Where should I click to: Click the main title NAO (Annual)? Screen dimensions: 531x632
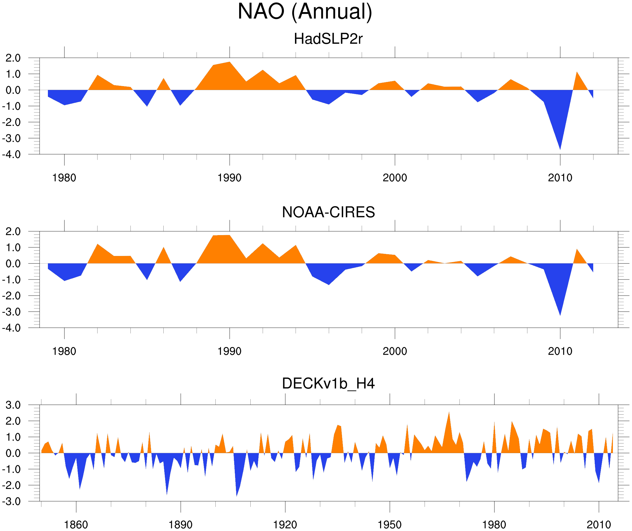pos(305,11)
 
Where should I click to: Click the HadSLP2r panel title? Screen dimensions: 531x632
pos(328,39)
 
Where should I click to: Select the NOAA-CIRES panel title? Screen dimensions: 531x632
pos(328,212)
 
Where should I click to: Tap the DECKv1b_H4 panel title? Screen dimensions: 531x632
pos(328,383)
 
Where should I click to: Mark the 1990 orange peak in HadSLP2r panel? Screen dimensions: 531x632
pos(229,63)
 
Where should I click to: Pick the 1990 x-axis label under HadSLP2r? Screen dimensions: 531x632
pos(229,178)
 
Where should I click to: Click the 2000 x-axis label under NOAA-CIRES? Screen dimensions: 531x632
pos(395,351)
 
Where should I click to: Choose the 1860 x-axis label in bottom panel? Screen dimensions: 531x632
pos(76,525)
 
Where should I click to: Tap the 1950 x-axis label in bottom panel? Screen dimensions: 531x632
pos(389,525)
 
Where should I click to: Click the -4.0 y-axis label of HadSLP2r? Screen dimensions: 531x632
pos(11,155)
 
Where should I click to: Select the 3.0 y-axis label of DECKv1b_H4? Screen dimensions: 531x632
pos(13,405)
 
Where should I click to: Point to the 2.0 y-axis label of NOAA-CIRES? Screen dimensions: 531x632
pos(13,232)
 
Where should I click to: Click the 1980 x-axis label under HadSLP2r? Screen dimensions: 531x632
pos(64,178)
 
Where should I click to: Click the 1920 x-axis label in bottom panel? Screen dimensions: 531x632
pos(285,525)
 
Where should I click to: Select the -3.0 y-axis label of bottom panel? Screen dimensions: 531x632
pos(11,502)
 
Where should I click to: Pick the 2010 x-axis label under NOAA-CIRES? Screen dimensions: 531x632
pos(560,351)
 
